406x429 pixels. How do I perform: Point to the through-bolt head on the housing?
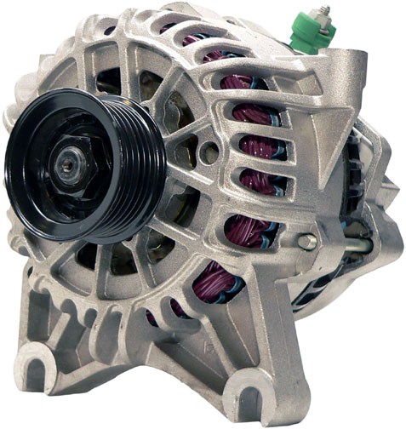306,242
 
